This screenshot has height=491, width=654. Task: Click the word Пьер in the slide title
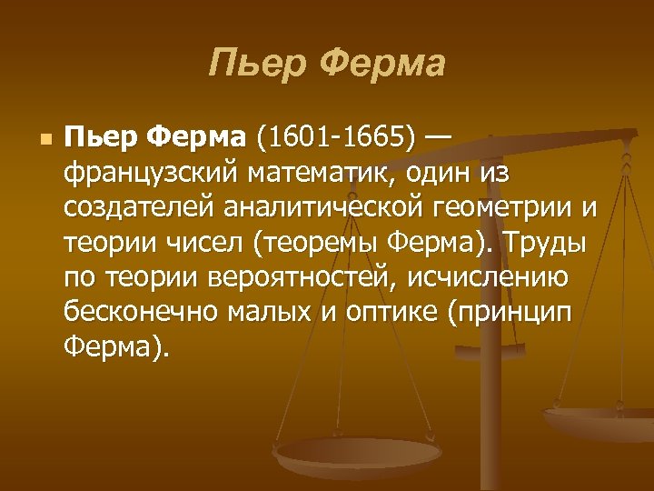pos(257,65)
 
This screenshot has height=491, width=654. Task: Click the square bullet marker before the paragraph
pos(45,141)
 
